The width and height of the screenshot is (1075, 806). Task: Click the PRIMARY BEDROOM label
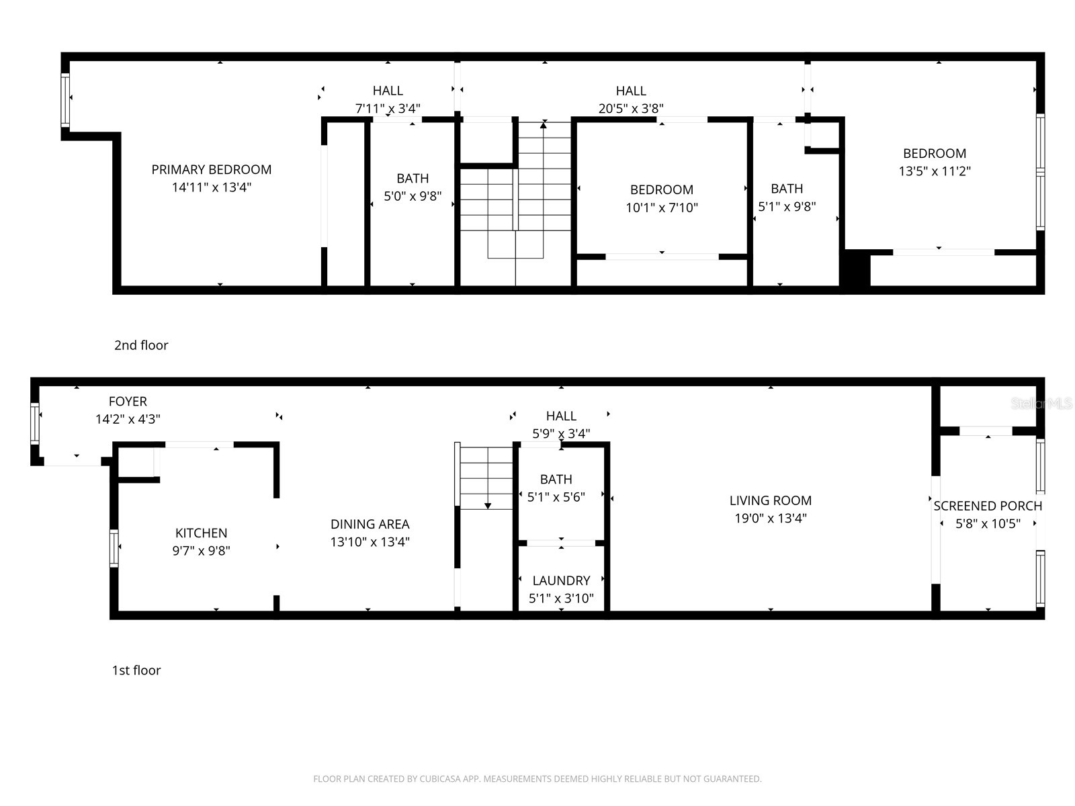(x=212, y=169)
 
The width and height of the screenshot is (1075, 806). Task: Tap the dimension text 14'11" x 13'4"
(x=212, y=187)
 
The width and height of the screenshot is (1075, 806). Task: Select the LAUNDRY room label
(x=561, y=580)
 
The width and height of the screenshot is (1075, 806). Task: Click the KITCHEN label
(x=201, y=533)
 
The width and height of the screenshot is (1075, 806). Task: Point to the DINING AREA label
(x=370, y=524)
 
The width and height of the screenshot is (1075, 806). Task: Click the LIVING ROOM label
(x=770, y=500)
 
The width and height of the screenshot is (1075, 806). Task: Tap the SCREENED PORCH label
(x=988, y=506)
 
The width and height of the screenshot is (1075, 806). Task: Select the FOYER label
(x=128, y=401)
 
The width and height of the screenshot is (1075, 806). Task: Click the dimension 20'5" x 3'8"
(x=631, y=108)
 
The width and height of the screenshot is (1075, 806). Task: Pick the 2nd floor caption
(x=141, y=345)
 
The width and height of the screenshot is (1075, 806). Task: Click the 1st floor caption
(x=136, y=670)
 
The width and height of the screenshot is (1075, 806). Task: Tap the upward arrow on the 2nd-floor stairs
(x=544, y=125)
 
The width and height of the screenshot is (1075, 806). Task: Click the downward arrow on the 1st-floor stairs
(x=488, y=505)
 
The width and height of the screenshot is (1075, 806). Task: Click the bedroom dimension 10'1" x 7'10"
(x=662, y=208)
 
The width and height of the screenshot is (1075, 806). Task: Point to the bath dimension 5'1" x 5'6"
(x=556, y=497)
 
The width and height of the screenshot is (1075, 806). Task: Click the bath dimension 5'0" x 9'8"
(x=413, y=196)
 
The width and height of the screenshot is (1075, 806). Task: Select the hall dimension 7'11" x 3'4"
(x=388, y=108)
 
